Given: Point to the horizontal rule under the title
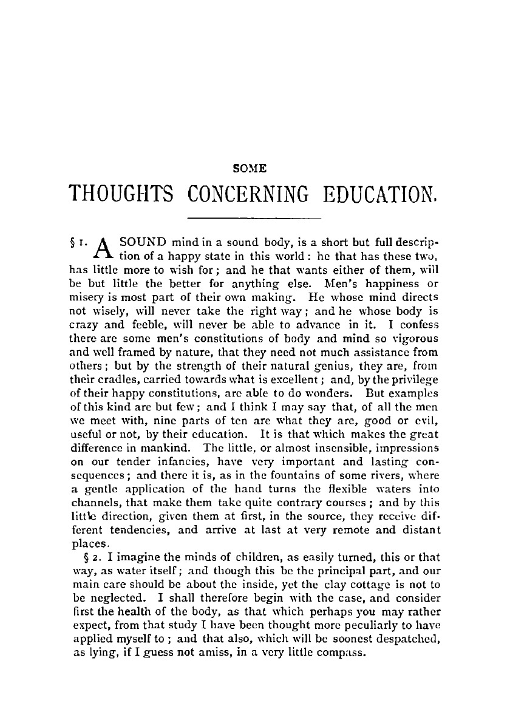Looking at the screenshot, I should pyautogui.click(x=254, y=217).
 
